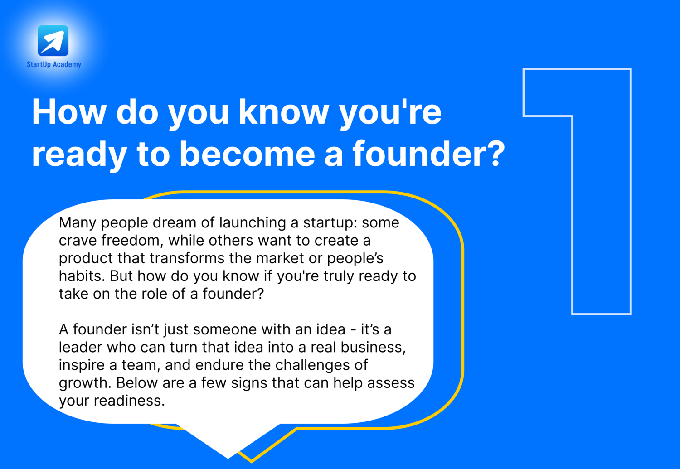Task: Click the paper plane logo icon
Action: tap(53, 41)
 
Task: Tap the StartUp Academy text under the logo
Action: tap(54, 64)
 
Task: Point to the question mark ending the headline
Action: tap(496, 153)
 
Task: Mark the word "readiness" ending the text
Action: tap(129, 401)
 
